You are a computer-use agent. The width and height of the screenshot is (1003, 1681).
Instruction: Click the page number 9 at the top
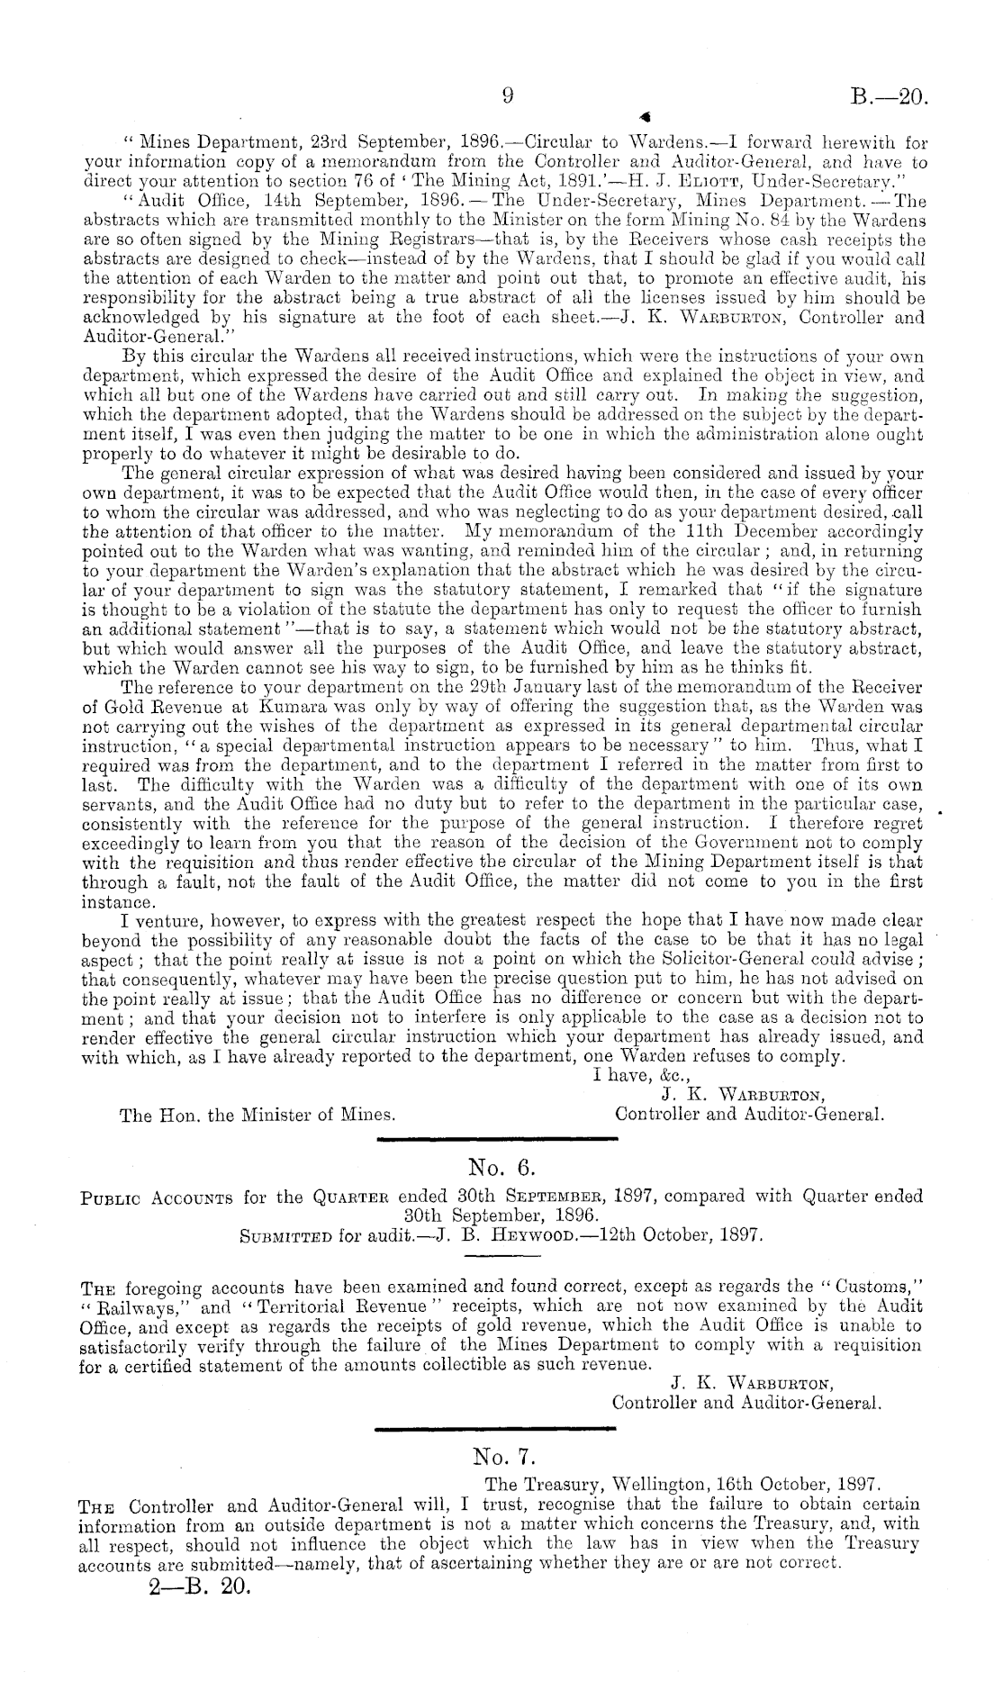[507, 95]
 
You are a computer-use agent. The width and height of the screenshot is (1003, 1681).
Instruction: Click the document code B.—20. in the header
[888, 96]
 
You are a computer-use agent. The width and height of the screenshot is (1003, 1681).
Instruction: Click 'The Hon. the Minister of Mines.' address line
[258, 1114]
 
